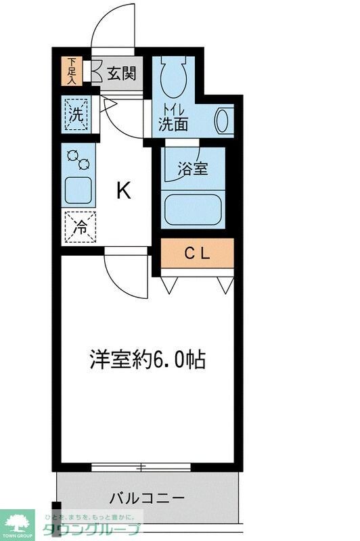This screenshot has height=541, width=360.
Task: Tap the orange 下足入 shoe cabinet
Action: point(71,70)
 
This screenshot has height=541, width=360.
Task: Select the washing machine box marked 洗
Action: point(77,114)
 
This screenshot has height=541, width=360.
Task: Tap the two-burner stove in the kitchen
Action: point(78,160)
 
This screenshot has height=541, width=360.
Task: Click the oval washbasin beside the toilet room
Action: point(222,121)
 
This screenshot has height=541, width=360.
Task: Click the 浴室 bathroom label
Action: point(193,168)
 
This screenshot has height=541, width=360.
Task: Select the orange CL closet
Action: point(197,254)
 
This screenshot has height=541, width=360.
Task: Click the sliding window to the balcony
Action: point(141,467)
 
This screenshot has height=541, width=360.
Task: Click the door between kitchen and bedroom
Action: point(125,274)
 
